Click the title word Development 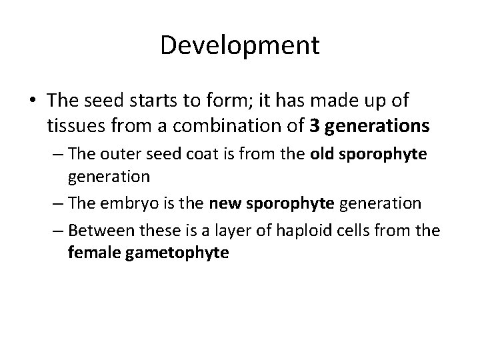240,45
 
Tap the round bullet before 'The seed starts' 33,101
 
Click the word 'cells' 365,231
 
